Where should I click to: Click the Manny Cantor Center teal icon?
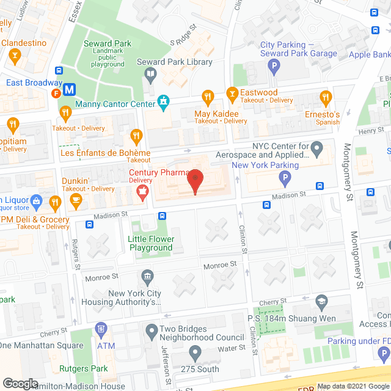pyautogui.click(x=163, y=101)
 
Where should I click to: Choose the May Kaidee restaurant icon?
pyautogui.click(x=208, y=97)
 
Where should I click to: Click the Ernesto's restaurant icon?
pyautogui.click(x=326, y=97)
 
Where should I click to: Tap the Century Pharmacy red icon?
pyautogui.click(x=142, y=194)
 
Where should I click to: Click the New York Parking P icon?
pyautogui.click(x=283, y=178)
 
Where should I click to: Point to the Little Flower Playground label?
pyautogui.click(x=150, y=243)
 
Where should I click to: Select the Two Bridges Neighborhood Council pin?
pyautogui.click(x=152, y=332)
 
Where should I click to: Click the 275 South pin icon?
pyautogui.click(x=195, y=353)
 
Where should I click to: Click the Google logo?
pyautogui.click(x=20, y=384)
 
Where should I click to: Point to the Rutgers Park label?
pyautogui.click(x=84, y=368)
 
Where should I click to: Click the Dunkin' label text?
pyautogui.click(x=75, y=181)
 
